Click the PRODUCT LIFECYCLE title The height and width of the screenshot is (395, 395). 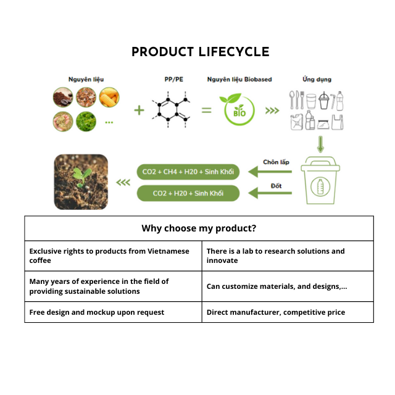[200, 52]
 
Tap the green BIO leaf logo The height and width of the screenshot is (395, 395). [239, 109]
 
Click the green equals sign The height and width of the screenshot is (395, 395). [206, 110]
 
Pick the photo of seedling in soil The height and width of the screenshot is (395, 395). [81, 181]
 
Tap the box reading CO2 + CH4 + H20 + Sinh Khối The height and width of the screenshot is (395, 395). [188, 172]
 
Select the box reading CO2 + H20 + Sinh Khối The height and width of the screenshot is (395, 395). [188, 193]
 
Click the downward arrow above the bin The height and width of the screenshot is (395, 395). [320, 145]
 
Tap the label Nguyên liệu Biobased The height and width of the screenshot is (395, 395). [239, 80]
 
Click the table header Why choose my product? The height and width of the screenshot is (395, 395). [199, 228]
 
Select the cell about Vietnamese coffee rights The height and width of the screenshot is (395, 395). [113, 256]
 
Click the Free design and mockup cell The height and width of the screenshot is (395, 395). [113, 312]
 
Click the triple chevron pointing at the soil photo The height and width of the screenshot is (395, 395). [123, 182]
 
